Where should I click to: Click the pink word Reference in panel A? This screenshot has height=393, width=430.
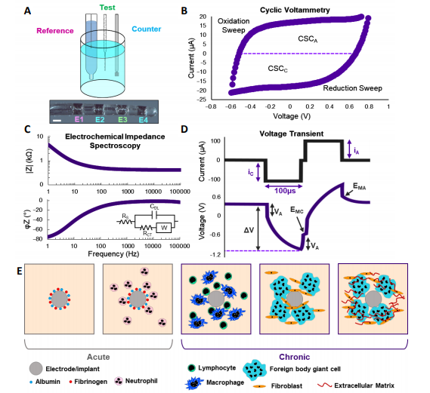click(x=55, y=31)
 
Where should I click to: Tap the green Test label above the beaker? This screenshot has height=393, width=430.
click(x=107, y=8)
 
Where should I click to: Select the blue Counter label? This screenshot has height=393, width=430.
click(x=147, y=29)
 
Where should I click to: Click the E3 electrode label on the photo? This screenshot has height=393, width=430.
click(x=122, y=120)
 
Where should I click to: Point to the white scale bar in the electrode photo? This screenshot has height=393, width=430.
click(x=57, y=120)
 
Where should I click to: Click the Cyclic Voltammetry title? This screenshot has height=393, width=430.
click(x=295, y=10)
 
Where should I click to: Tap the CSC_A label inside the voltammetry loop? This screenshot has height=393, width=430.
click(x=308, y=39)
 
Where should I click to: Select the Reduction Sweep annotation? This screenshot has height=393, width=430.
click(x=352, y=88)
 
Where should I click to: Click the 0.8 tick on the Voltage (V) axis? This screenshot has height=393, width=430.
click(x=369, y=106)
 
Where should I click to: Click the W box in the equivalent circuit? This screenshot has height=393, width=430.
click(x=164, y=228)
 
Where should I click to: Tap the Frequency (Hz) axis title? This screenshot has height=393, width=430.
click(x=113, y=254)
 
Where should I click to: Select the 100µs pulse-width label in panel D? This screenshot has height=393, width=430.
click(x=285, y=191)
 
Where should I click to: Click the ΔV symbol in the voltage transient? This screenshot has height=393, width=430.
click(x=249, y=230)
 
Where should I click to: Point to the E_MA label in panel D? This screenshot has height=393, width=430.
click(x=359, y=186)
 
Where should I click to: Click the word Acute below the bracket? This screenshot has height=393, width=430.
click(x=98, y=357)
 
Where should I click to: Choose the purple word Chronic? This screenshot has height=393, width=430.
click(x=295, y=357)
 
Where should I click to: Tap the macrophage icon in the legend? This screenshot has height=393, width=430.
click(x=194, y=383)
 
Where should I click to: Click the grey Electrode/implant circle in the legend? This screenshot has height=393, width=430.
click(x=36, y=369)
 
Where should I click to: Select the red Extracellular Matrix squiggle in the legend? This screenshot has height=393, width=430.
click(x=325, y=385)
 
